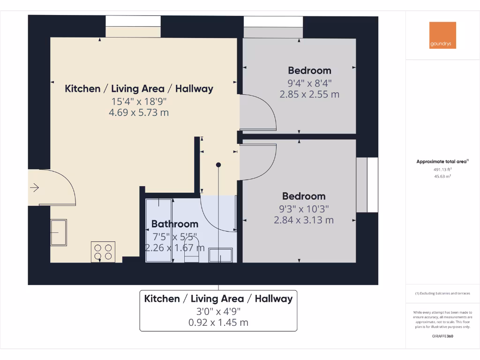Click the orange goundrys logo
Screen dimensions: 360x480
[x=442, y=35]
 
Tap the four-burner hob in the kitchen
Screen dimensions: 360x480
[x=103, y=252]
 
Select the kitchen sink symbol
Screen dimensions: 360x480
[x=59, y=232]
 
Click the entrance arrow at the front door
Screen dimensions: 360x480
[x=35, y=188]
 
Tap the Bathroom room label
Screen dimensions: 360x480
[x=174, y=224]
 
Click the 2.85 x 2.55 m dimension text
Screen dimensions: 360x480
[x=309, y=94]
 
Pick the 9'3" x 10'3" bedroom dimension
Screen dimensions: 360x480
[x=304, y=208]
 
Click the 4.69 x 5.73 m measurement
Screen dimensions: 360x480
[x=139, y=112]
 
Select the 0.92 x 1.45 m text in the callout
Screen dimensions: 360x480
[x=218, y=322]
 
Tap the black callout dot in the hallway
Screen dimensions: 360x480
[x=218, y=165]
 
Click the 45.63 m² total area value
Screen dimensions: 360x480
[x=442, y=176]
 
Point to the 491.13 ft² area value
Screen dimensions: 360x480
[x=442, y=170]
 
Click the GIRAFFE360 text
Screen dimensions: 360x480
[x=442, y=336]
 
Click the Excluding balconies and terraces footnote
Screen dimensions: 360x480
[x=442, y=293]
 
